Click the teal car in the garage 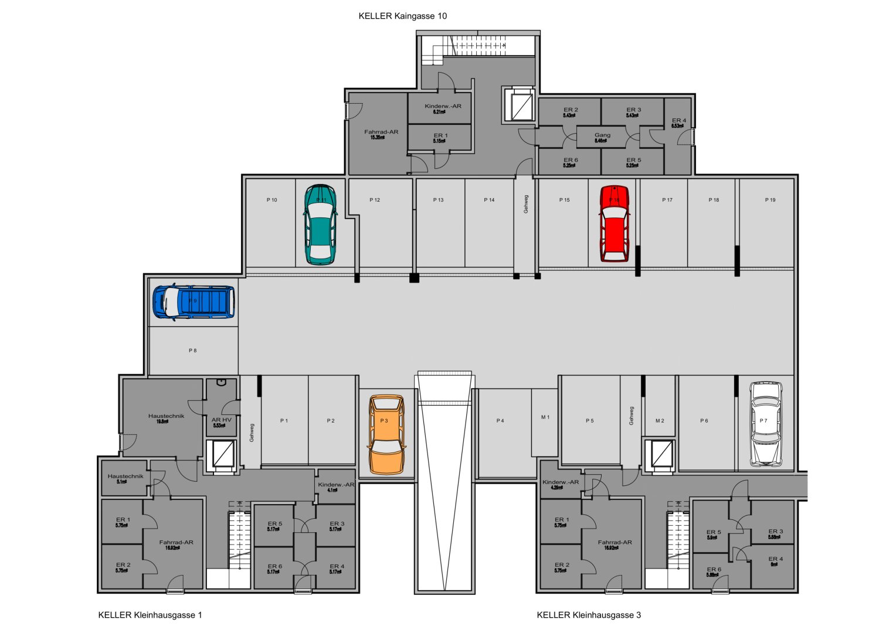[320, 225]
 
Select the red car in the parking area [614, 224]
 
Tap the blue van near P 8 [194, 302]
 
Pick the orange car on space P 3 [386, 434]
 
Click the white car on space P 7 [766, 424]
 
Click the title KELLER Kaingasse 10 [402, 16]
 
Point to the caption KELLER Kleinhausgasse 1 [150, 615]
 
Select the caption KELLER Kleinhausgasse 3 [589, 615]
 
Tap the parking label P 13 [438, 200]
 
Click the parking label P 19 [770, 200]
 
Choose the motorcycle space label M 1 [545, 417]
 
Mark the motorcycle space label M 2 [660, 421]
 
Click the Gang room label [602, 135]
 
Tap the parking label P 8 [192, 350]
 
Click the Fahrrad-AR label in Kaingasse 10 [381, 132]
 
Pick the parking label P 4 [500, 421]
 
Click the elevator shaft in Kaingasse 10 [518, 105]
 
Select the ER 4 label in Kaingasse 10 [678, 121]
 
